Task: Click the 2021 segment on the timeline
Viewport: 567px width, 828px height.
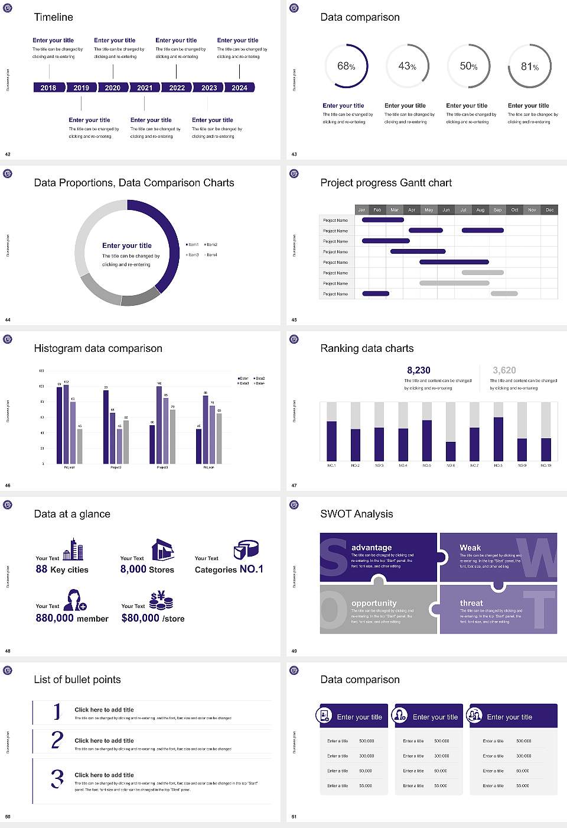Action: (x=145, y=88)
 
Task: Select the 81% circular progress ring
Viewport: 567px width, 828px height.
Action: (x=530, y=66)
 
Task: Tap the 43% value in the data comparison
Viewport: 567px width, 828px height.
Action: (x=407, y=66)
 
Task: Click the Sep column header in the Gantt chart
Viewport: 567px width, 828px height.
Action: (x=497, y=209)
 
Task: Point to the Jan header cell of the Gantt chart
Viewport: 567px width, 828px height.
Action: (x=361, y=209)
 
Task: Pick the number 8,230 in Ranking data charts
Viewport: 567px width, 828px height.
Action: (x=419, y=370)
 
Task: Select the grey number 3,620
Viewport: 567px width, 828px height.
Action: (x=504, y=370)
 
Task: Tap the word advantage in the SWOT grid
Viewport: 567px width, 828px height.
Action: (x=372, y=548)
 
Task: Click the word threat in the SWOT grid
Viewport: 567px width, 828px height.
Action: (x=471, y=603)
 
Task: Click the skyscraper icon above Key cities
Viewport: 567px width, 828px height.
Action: (x=73, y=549)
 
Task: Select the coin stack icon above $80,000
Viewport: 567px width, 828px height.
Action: (x=161, y=601)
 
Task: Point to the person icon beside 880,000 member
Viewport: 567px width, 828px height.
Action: (x=75, y=600)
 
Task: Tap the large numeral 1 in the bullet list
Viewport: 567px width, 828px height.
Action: (x=57, y=711)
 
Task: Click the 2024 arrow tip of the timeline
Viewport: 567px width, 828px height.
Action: (x=240, y=88)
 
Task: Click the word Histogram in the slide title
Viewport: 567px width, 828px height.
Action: (x=58, y=348)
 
